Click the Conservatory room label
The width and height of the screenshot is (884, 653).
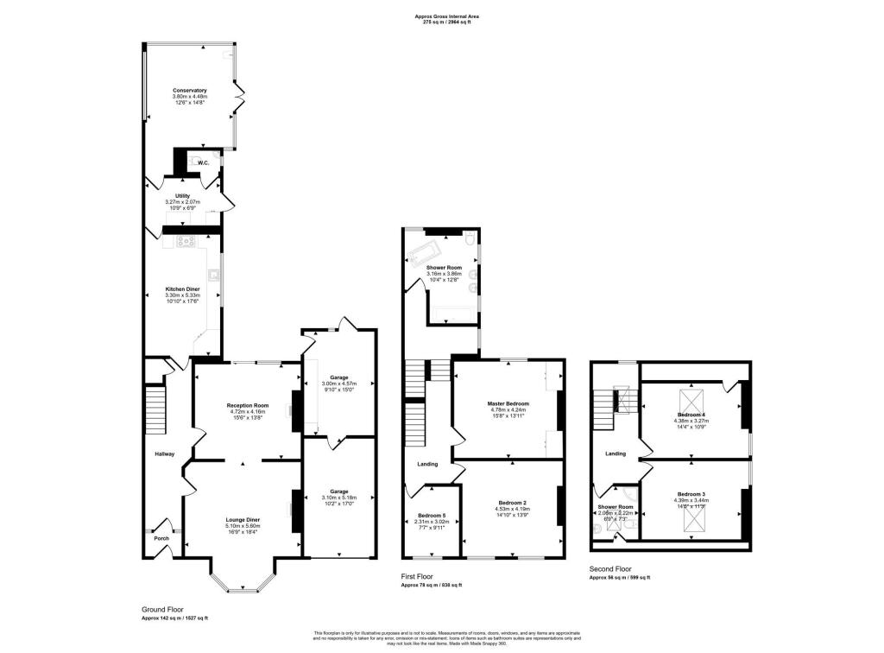click(x=189, y=91)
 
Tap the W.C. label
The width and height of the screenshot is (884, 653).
click(x=204, y=163)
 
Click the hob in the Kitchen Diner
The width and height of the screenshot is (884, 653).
click(x=185, y=242)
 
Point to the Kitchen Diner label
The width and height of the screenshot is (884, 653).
click(x=182, y=288)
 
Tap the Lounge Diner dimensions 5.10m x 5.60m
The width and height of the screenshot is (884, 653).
click(x=243, y=526)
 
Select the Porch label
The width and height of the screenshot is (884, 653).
click(x=161, y=538)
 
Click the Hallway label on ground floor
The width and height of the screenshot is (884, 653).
click(x=164, y=454)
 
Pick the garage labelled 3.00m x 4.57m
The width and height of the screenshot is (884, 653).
click(x=338, y=383)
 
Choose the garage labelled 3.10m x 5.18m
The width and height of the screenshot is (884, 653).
click(x=338, y=498)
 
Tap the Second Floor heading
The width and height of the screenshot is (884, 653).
click(x=609, y=569)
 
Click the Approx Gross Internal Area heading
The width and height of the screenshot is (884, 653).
click(x=446, y=16)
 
